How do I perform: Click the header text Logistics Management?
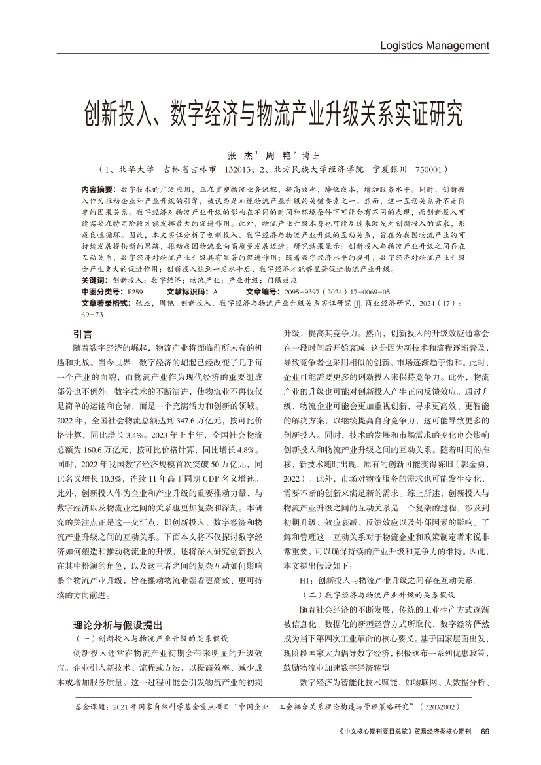[434, 46]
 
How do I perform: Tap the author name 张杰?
[236, 156]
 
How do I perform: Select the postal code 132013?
[238, 169]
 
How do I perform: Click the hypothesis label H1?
[306, 580]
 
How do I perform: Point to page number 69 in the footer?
[485, 732]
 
